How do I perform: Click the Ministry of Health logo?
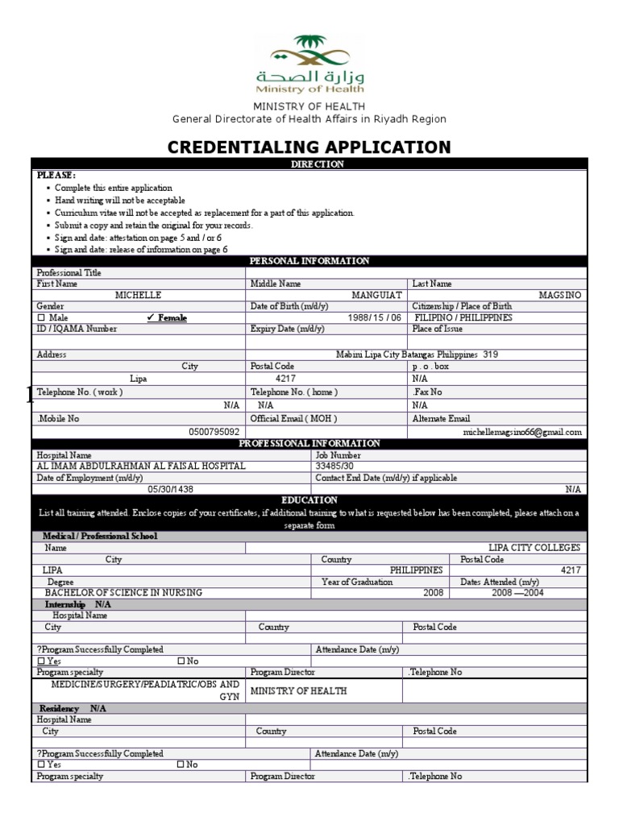309,64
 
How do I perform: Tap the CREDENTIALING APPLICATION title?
309,147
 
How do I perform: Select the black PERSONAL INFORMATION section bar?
309,261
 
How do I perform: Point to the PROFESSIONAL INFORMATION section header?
309,444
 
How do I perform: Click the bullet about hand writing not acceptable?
120,200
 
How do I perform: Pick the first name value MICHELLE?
138,296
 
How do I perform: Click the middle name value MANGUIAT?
377,296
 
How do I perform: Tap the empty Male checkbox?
41,318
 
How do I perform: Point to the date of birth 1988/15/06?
374,318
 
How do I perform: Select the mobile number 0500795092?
214,433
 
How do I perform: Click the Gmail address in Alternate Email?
521,433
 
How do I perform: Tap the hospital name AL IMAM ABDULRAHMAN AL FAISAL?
141,466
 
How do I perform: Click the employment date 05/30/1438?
170,489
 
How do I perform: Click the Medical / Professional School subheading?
100,537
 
